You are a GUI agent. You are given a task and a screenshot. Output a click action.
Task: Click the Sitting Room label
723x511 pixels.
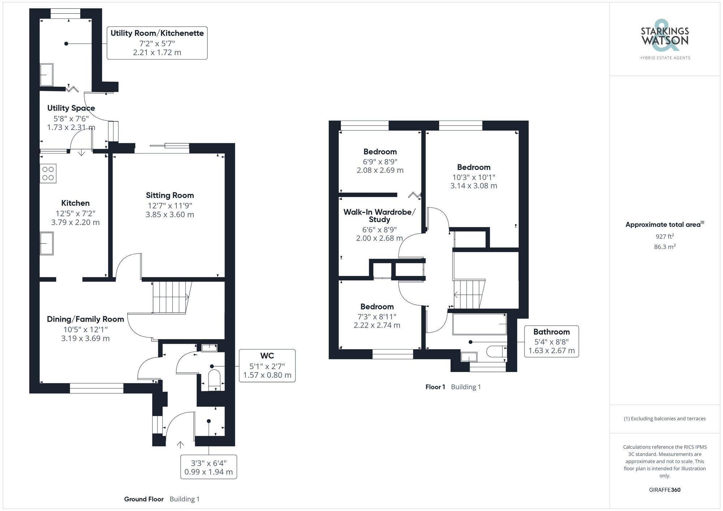click(x=170, y=195)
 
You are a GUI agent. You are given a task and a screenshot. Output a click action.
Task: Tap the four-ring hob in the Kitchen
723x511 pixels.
click(x=48, y=174)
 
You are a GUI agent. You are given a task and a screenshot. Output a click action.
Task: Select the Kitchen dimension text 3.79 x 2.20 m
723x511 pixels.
click(x=75, y=222)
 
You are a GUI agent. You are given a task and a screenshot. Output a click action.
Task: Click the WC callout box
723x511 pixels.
click(x=267, y=365)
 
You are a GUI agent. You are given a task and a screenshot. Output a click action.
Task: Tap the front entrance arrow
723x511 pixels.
click(x=180, y=445)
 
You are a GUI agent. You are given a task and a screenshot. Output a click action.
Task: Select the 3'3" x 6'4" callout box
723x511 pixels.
click(x=209, y=467)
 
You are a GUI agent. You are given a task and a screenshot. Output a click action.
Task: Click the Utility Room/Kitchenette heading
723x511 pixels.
click(x=157, y=33)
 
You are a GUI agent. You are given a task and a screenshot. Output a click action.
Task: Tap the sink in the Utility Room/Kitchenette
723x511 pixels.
click(x=47, y=75)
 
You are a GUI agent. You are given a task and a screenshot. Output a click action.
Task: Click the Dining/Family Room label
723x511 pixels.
click(x=85, y=319)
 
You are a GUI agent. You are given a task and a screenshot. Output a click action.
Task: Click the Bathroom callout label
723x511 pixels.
click(x=551, y=332)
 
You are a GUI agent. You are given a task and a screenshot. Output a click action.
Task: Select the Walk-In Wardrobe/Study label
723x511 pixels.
click(x=379, y=216)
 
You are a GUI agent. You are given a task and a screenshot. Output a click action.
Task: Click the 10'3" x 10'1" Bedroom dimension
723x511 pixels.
click(x=474, y=177)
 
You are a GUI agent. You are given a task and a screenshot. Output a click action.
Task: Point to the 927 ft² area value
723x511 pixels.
click(x=664, y=237)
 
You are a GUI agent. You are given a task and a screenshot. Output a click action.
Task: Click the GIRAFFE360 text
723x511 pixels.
click(x=664, y=490)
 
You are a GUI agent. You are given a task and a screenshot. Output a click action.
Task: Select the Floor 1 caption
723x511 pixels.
click(x=435, y=387)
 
